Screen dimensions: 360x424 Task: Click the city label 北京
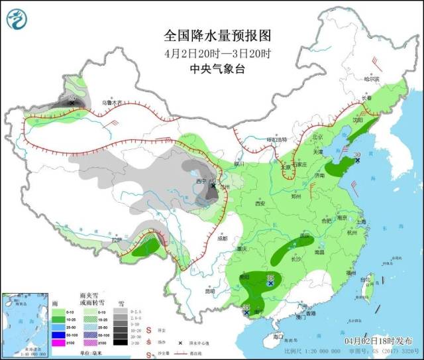(317, 137)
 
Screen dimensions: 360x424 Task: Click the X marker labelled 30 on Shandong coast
(357, 160)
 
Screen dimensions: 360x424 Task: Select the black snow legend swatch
(120, 343)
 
